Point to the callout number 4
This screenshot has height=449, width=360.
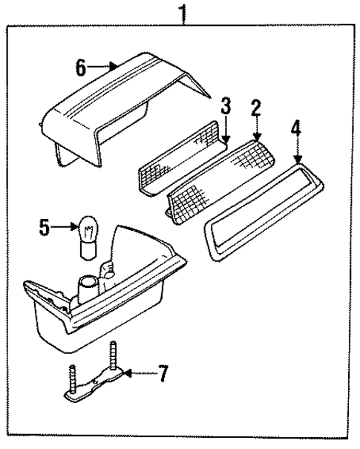click(295, 130)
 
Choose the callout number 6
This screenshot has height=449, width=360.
click(81, 68)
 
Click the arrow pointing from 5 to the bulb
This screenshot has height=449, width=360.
click(65, 228)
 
